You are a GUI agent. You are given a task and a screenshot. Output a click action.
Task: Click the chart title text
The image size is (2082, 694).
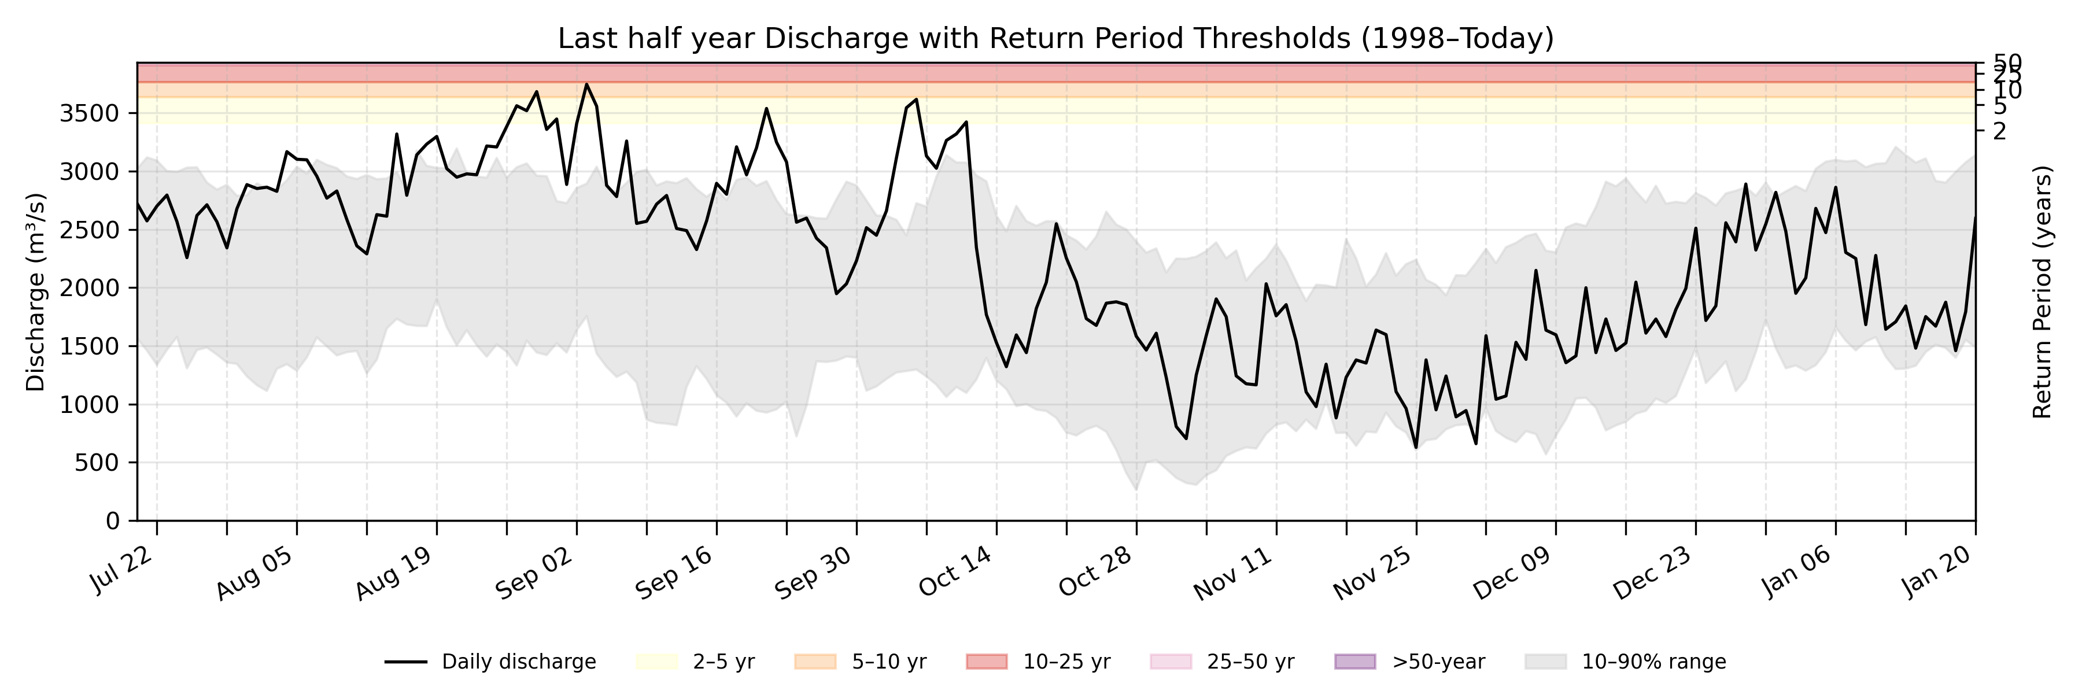pyautogui.click(x=1055, y=38)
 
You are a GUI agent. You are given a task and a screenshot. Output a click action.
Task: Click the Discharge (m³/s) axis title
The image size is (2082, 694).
pyautogui.click(x=35, y=291)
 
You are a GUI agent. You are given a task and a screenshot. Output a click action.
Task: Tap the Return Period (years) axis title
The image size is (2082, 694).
pyautogui.click(x=2043, y=291)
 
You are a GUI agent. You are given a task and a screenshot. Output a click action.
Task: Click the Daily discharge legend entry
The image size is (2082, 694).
pyautogui.click(x=490, y=662)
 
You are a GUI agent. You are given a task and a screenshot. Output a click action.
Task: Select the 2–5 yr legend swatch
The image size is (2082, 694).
pyautogui.click(x=656, y=662)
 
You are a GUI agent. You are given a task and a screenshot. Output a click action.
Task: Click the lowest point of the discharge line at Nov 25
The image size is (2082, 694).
pyautogui.click(x=1416, y=448)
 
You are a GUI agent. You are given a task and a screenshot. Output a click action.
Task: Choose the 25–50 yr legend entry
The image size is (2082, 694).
pyautogui.click(x=1221, y=662)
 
